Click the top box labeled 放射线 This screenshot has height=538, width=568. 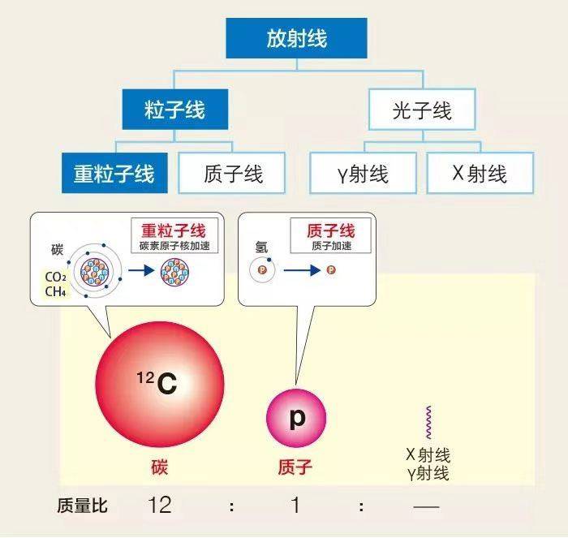pyautogui.click(x=296, y=38)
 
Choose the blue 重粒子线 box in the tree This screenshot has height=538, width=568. pyautogui.click(x=114, y=173)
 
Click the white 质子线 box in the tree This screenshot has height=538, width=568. pyautogui.click(x=233, y=173)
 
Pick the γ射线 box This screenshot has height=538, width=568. pyautogui.click(x=363, y=173)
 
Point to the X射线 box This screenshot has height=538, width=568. pyautogui.click(x=480, y=173)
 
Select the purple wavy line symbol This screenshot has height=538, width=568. pyautogui.click(x=428, y=423)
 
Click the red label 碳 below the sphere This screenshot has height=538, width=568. pyautogui.click(x=159, y=467)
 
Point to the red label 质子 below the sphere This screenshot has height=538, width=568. pyautogui.click(x=295, y=467)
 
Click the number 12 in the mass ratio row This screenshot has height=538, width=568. pyautogui.click(x=160, y=506)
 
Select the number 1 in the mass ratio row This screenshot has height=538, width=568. pyautogui.click(x=295, y=506)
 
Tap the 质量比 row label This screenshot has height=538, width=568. pyautogui.click(x=84, y=506)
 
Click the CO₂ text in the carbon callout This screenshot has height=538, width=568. pyautogui.click(x=55, y=277)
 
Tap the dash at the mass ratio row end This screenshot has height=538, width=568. pyautogui.click(x=426, y=506)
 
